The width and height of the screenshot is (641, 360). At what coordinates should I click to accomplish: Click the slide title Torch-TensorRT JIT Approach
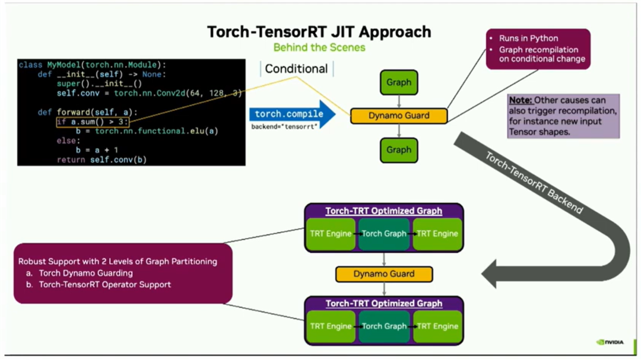(x=319, y=32)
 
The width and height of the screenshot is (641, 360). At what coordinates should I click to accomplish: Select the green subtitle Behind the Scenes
(x=319, y=47)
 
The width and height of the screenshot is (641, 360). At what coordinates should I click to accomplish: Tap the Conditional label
(x=296, y=69)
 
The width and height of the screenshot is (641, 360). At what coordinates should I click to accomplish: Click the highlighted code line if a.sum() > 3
(x=93, y=122)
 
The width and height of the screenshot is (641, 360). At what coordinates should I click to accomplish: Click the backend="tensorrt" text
(x=284, y=127)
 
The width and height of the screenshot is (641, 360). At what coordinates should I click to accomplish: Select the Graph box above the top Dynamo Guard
(x=399, y=82)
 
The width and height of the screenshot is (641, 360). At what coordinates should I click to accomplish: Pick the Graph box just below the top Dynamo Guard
(x=399, y=150)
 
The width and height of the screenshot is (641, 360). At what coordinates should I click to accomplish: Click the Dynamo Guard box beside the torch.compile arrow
(x=399, y=116)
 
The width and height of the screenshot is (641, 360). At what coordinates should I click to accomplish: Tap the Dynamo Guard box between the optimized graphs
(x=384, y=274)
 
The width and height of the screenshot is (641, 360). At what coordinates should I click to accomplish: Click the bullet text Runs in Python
(x=529, y=39)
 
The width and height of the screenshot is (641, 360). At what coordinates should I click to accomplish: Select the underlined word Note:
(x=521, y=100)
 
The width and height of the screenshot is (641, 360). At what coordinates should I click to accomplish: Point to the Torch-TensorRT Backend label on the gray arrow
(x=533, y=183)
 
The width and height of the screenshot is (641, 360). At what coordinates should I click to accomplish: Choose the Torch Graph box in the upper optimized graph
(x=384, y=234)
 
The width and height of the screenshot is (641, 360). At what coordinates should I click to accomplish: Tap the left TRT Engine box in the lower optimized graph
(x=331, y=327)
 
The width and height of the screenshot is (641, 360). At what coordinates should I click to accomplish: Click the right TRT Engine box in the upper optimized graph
(x=437, y=234)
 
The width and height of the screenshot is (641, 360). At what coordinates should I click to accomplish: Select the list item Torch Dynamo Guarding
(x=86, y=273)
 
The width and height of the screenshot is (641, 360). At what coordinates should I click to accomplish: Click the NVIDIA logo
(x=610, y=342)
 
